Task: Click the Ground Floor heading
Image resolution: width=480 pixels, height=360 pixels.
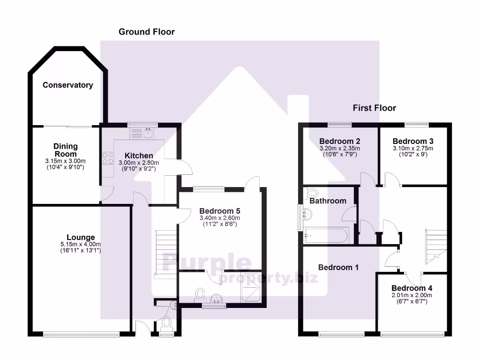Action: point(146,32)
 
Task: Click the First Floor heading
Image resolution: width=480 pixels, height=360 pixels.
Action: point(374,108)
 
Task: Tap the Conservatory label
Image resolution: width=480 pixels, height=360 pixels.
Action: point(67,85)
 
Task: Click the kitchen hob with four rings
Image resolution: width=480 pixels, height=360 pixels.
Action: point(107,158)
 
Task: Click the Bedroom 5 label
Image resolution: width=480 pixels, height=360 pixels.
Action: point(219,211)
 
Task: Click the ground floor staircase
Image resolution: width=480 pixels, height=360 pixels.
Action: point(165,253)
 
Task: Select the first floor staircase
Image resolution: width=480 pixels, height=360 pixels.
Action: point(435,245)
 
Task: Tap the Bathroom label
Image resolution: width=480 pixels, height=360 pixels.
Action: point(328,201)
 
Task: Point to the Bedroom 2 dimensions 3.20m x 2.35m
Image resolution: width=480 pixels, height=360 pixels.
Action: point(339,148)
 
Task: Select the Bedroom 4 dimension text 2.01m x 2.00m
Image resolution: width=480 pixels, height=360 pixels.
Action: point(412,295)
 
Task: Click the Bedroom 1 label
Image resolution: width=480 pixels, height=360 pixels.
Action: point(338,267)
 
